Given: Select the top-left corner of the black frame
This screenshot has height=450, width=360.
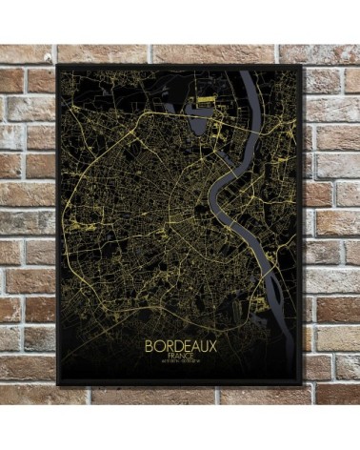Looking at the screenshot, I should tap(58, 66).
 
